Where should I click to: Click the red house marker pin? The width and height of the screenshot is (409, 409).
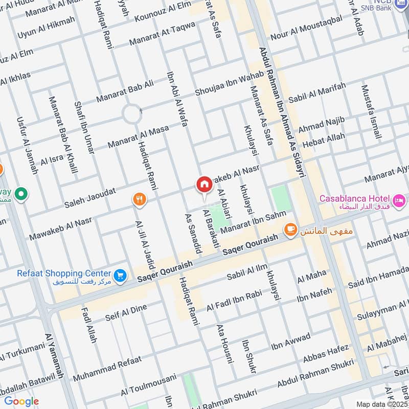204,185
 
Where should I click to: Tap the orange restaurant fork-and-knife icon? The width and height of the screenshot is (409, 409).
139,199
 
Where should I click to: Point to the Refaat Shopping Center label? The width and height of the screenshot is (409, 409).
64,272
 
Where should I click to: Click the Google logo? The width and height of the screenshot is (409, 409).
21,401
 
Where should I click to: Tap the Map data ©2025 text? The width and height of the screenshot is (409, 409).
381,404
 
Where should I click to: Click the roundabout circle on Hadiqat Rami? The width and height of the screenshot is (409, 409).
132,113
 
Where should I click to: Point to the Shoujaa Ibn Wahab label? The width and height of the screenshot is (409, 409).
230,83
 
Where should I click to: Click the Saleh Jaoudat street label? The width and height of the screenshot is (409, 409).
89,198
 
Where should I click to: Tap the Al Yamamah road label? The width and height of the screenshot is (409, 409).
54,356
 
